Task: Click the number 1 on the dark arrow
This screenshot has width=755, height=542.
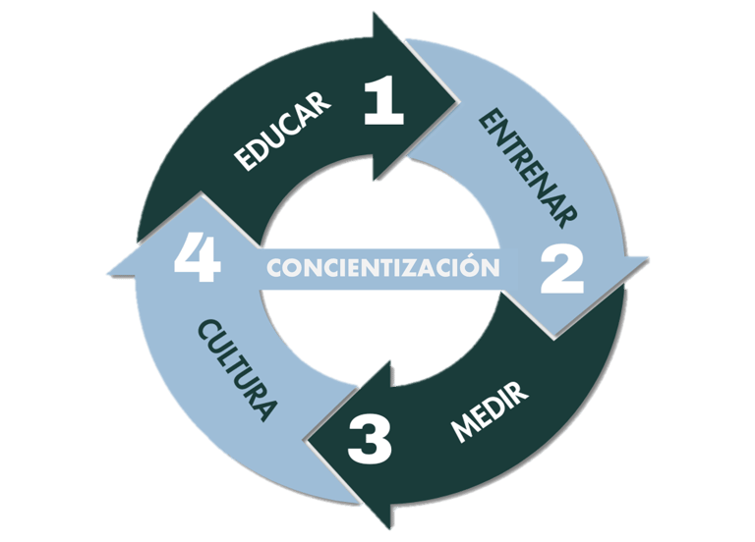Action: click(383, 102)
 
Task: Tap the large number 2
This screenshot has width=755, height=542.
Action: click(562, 270)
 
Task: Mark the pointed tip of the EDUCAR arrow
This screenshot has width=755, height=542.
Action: click(458, 98)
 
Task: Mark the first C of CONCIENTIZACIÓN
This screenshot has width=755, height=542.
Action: click(275, 267)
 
